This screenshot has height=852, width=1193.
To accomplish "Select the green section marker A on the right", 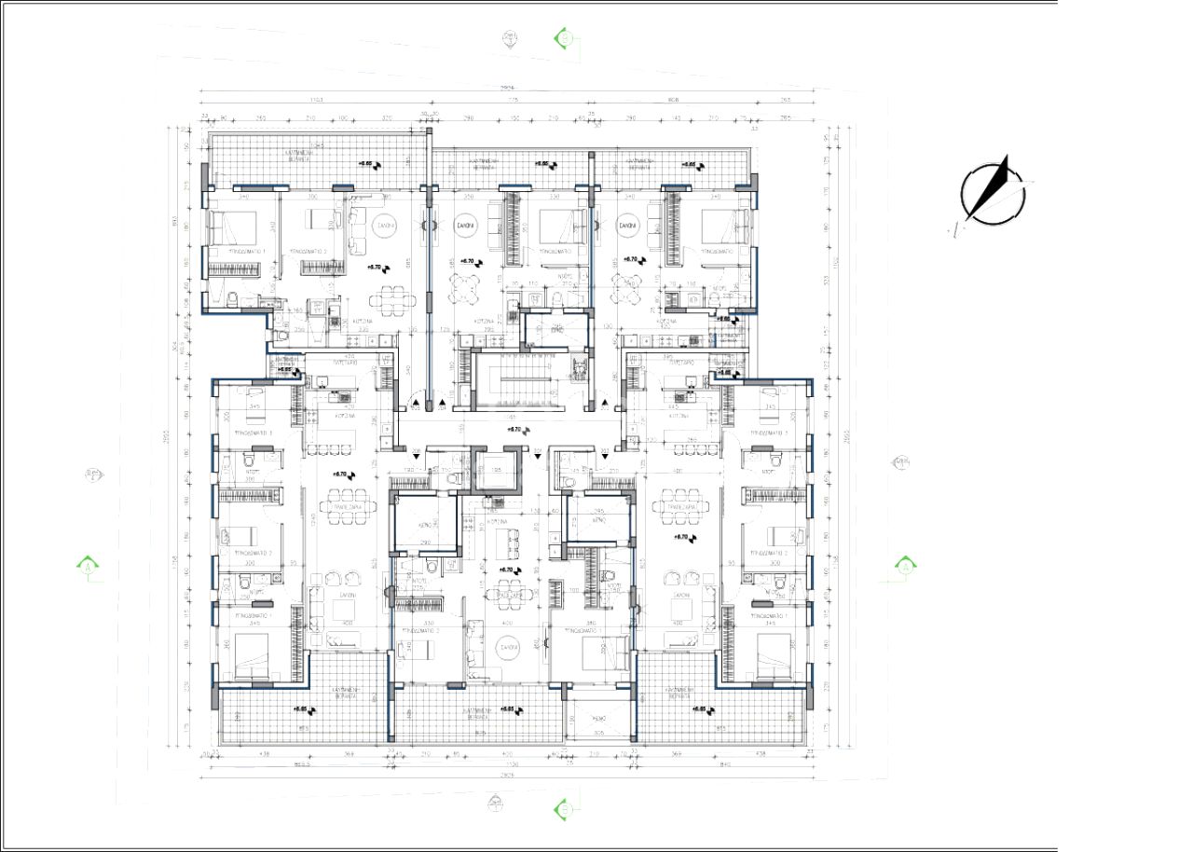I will (x=904, y=565).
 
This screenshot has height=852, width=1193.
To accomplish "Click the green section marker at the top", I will (x=562, y=37).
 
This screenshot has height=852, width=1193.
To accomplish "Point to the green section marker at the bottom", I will (x=562, y=809).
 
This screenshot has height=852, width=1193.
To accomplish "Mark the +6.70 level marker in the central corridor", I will (x=518, y=430).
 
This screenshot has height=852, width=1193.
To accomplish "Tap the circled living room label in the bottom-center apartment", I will (x=508, y=647).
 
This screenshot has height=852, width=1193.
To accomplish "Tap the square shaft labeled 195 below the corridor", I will (x=495, y=470).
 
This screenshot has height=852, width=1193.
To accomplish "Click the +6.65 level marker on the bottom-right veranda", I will (x=704, y=709).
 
